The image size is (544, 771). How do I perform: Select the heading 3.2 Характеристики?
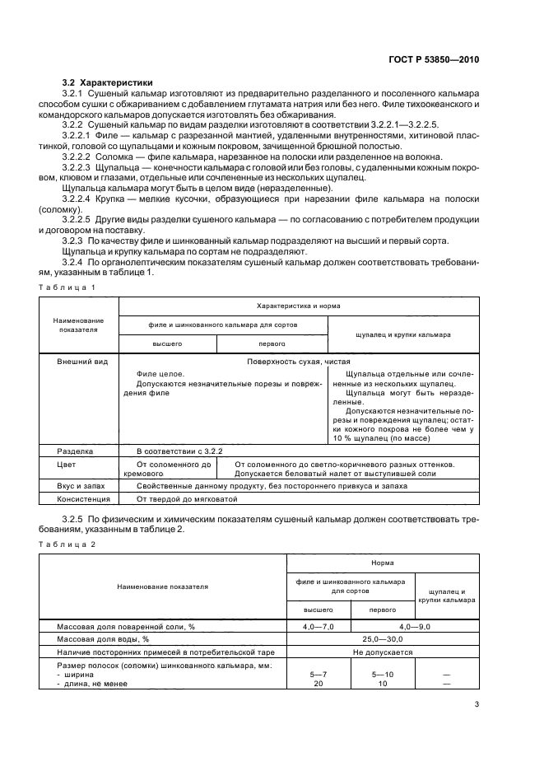tap(107, 83)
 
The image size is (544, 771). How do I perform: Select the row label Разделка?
tap(75, 451)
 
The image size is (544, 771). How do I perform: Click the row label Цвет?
tap(65, 465)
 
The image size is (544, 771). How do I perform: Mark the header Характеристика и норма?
tap(298, 306)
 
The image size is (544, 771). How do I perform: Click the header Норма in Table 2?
tap(382, 563)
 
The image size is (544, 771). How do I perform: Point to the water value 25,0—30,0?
tap(382, 638)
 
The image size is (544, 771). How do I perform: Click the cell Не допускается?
tap(382, 651)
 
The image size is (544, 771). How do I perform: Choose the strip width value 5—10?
tap(382, 674)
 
